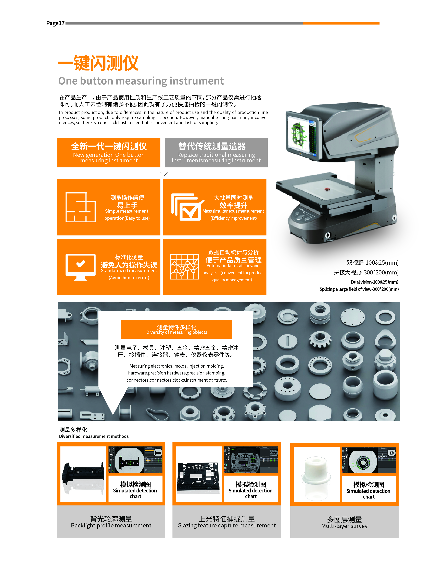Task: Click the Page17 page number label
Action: pyautogui.click(x=55, y=23)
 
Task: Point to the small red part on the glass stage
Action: pyautogui.click(x=327, y=189)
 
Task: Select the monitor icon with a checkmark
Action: pyautogui.click(x=80, y=267)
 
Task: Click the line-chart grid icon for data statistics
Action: pyautogui.click(x=184, y=267)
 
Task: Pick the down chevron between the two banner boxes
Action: pyautogui.click(x=164, y=174)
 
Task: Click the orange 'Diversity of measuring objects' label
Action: pyautogui.click(x=177, y=329)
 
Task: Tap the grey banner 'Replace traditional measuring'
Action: pyautogui.click(x=216, y=153)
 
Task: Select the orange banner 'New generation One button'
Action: pyautogui.click(x=109, y=153)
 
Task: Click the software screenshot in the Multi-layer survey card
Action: pyautogui.click(x=369, y=460)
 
